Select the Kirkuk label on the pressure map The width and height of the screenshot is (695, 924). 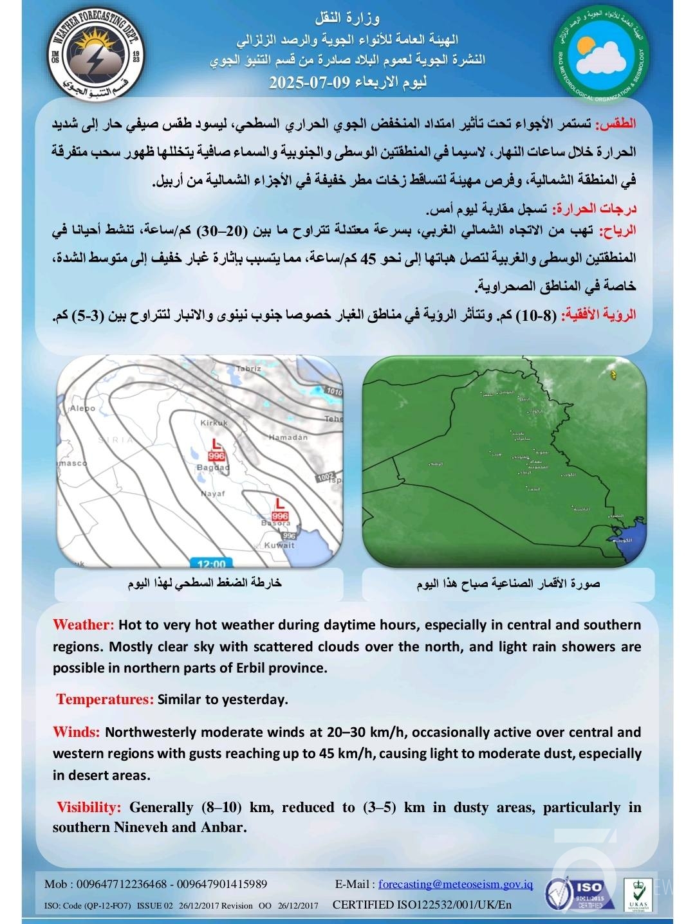[x=214, y=422]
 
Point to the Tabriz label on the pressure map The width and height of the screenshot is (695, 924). [x=249, y=369]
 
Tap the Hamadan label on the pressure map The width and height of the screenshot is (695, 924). [x=288, y=437]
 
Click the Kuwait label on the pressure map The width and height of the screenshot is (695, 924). [x=279, y=545]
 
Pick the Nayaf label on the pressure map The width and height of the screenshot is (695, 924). [x=212, y=493]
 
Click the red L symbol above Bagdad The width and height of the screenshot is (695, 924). [x=217, y=444]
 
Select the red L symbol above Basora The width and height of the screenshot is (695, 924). [x=280, y=502]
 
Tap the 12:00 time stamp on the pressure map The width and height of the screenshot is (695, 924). [x=211, y=564]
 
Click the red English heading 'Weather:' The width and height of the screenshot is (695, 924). [x=84, y=625]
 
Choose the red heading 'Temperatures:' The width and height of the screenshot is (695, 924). [x=105, y=700]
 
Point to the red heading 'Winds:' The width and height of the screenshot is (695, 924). [x=76, y=732]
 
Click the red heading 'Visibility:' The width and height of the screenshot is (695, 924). [x=89, y=808]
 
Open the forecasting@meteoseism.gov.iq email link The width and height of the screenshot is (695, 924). [x=456, y=885]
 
